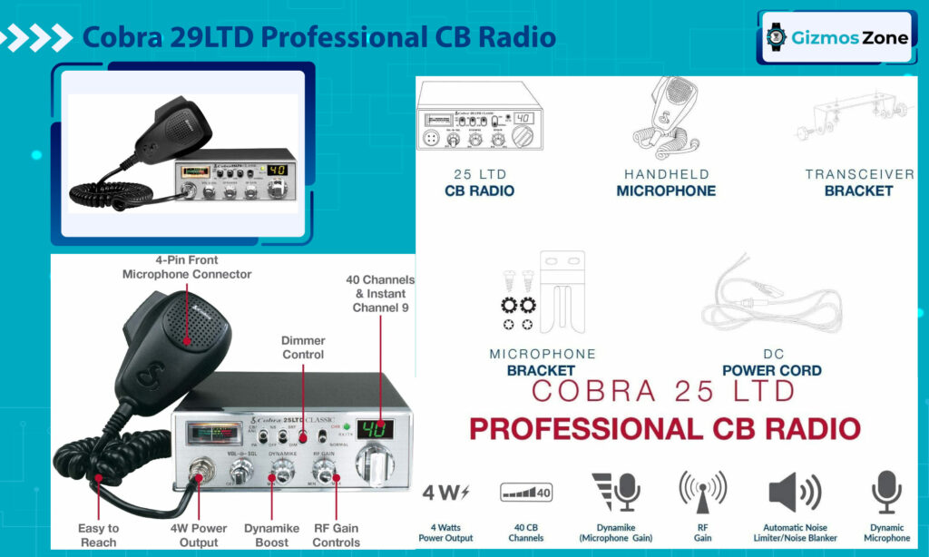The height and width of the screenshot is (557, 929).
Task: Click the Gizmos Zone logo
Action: [x=836, y=36]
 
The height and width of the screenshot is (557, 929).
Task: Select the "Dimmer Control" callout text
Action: [x=303, y=347]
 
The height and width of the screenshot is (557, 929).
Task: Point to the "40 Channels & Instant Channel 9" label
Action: [x=380, y=294]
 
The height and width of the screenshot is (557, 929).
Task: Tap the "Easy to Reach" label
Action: [x=98, y=535]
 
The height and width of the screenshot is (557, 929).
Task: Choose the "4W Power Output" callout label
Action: [x=199, y=535]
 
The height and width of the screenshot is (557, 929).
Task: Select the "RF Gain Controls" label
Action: [x=336, y=535]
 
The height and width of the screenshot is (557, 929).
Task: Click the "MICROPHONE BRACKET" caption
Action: [x=542, y=362]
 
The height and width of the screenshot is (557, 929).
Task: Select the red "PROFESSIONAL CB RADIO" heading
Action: [x=664, y=428]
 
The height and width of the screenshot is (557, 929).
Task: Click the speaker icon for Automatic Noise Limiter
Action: [x=794, y=493]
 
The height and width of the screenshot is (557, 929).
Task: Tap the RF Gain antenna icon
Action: [x=703, y=493]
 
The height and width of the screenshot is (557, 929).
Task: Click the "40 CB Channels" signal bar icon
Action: [x=526, y=493]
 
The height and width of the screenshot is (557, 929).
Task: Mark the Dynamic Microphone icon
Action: [x=886, y=493]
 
